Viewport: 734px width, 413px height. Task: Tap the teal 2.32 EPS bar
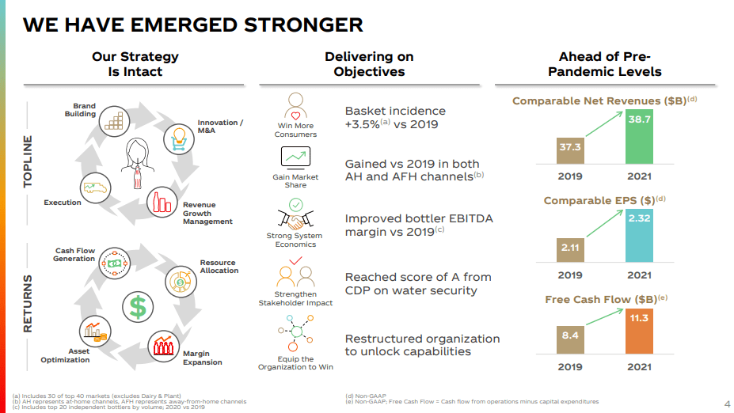point(640,235)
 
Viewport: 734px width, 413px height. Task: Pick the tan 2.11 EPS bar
point(570,249)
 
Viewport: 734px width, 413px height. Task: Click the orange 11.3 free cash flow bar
point(640,331)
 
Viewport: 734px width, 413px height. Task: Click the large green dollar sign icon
point(136,306)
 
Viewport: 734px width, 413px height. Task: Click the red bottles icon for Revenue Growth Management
point(161,203)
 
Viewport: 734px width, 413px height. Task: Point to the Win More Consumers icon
point(295,107)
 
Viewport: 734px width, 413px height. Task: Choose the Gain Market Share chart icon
point(295,157)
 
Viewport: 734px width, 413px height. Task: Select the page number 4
point(727,404)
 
